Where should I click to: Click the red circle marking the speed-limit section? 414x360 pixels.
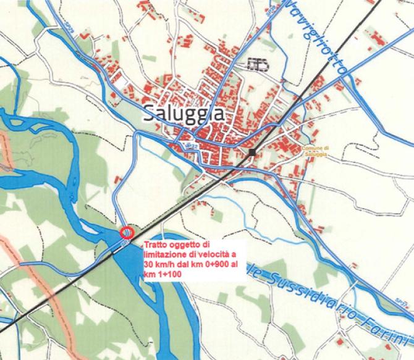[126, 233]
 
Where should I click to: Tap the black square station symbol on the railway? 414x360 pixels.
[252, 151]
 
